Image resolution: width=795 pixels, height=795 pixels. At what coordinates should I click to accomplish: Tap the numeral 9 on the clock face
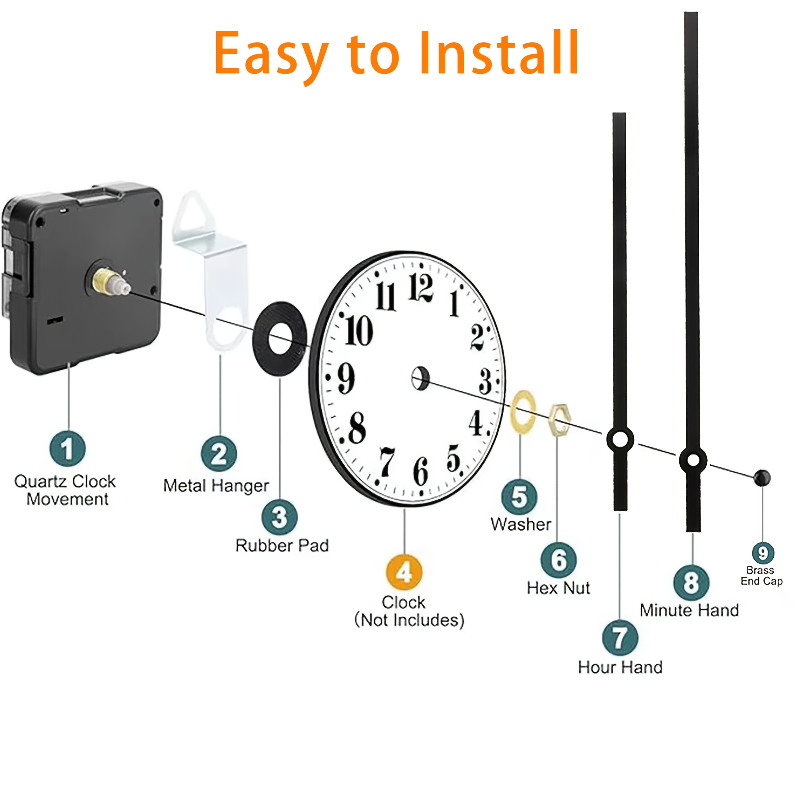(x=346, y=379)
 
